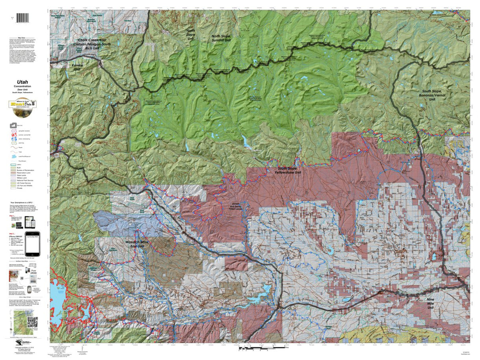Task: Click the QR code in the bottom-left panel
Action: tap(32, 322)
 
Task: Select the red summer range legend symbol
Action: tap(14, 136)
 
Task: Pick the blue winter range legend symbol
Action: tap(14, 142)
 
